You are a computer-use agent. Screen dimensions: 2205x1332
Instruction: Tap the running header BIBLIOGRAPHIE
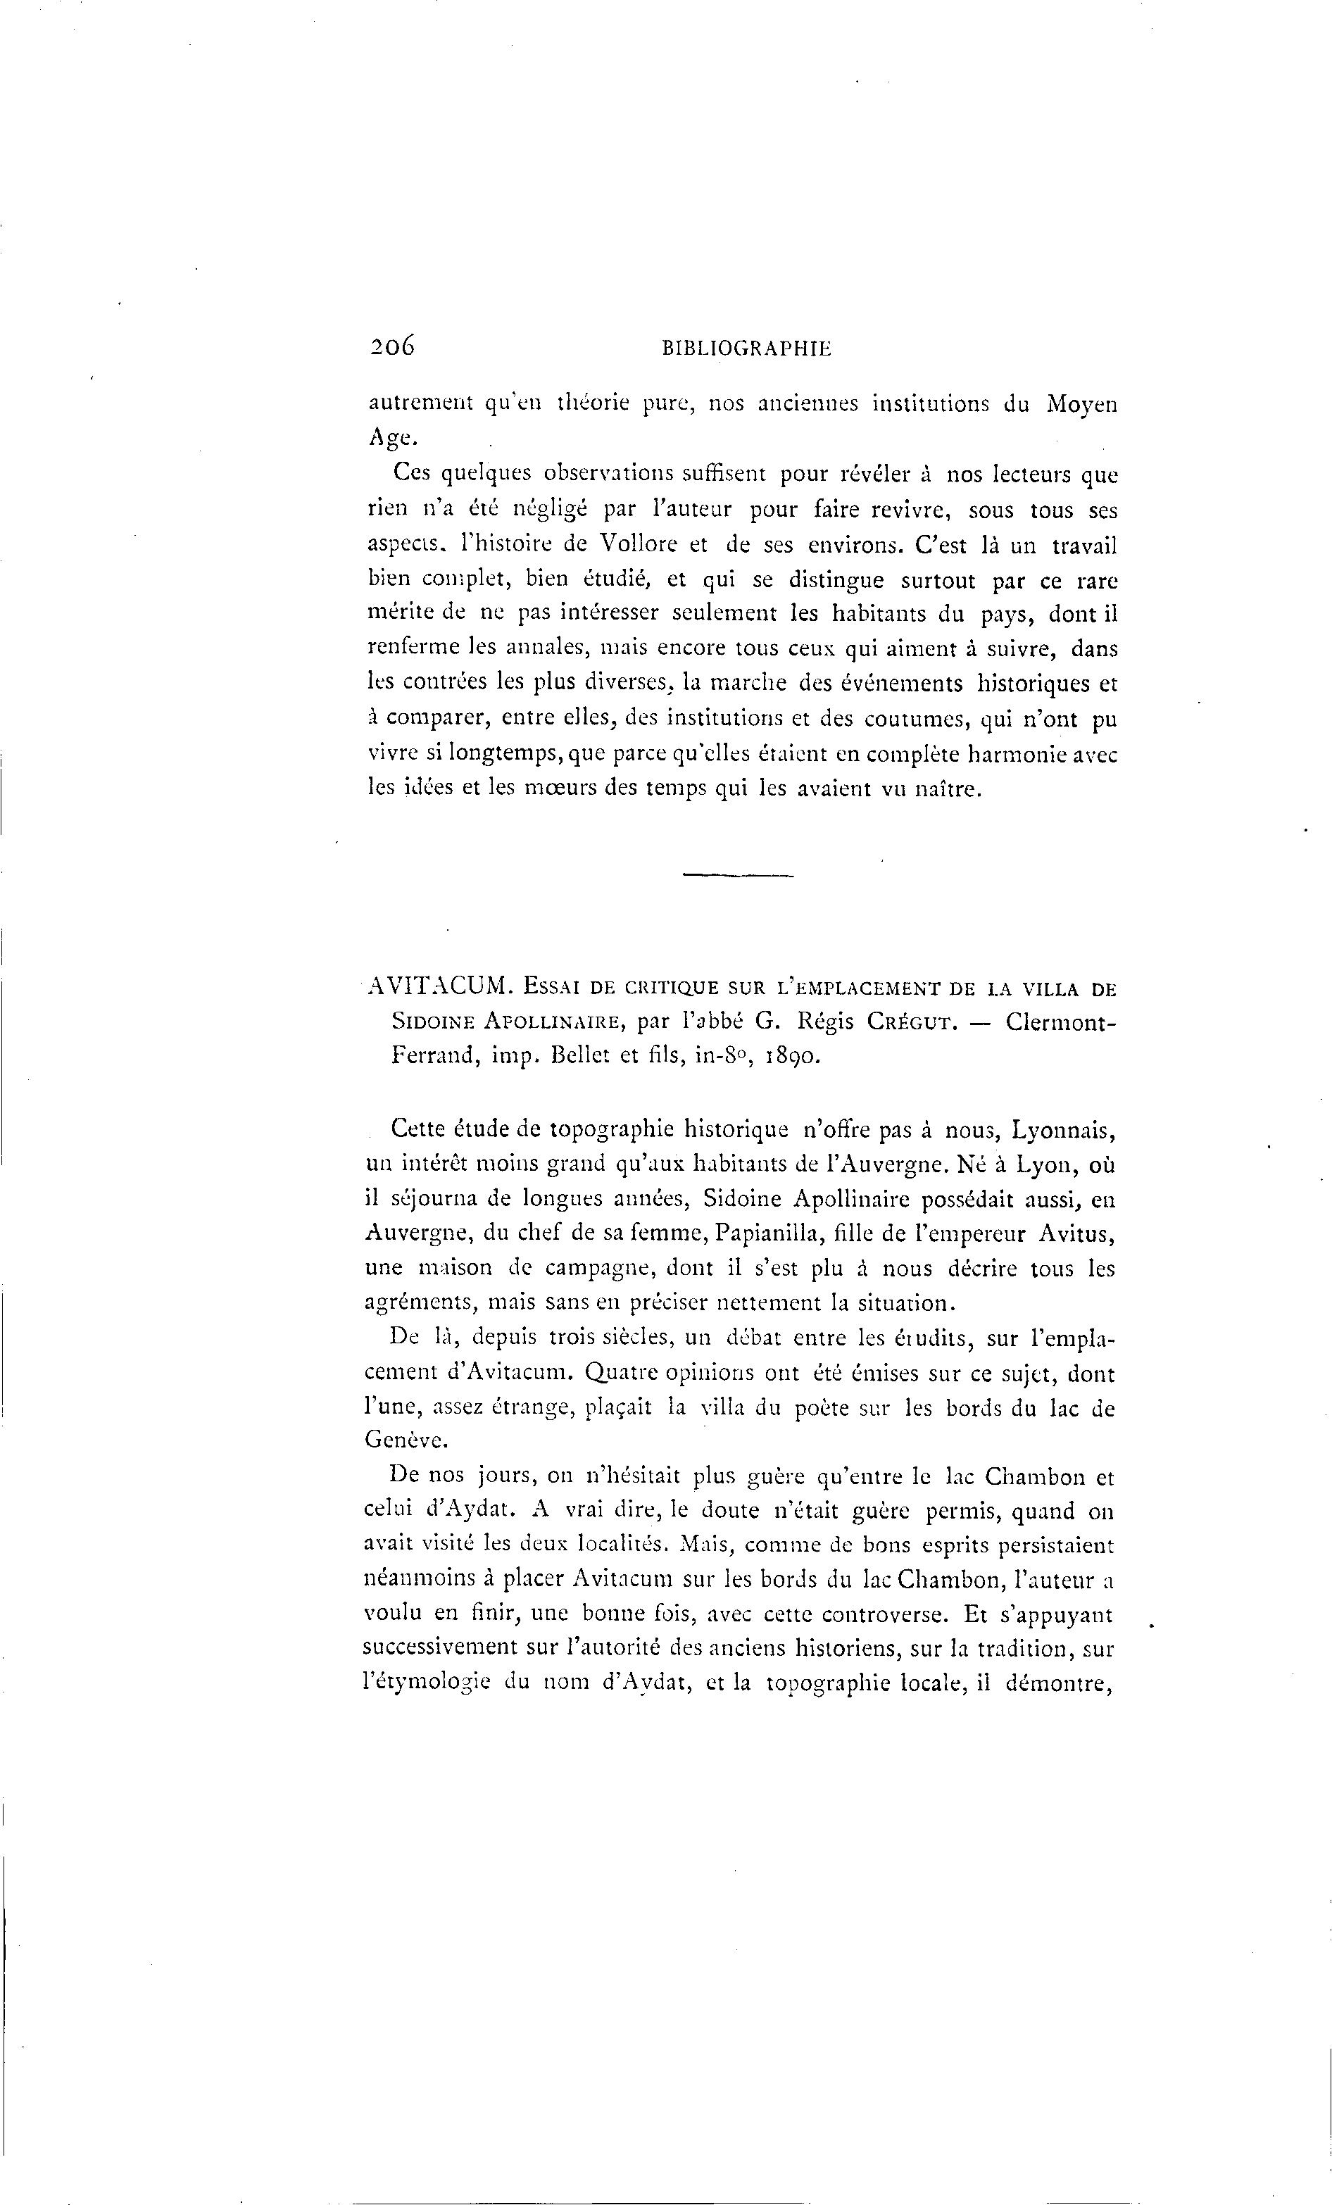coord(746,350)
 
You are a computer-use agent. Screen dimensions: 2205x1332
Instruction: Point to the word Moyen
coord(1082,406)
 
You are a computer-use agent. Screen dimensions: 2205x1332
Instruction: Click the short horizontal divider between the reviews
coord(738,874)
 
